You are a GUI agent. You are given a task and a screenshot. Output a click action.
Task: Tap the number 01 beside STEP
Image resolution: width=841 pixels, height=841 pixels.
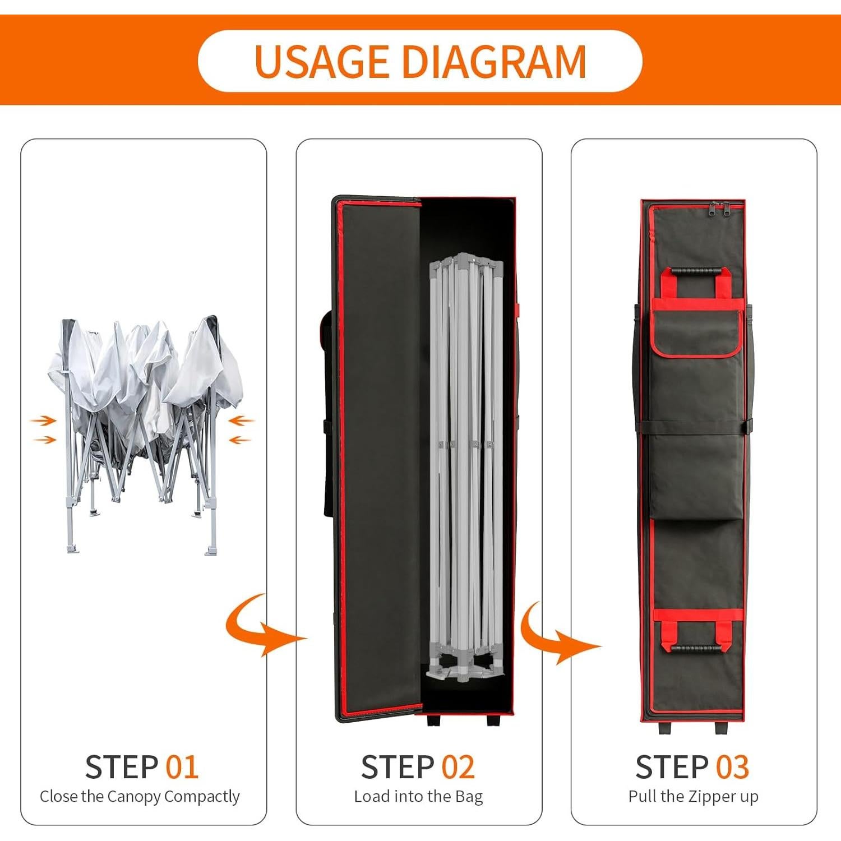pyautogui.click(x=182, y=767)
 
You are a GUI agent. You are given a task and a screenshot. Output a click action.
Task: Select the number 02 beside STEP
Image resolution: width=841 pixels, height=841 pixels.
pyautogui.click(x=458, y=767)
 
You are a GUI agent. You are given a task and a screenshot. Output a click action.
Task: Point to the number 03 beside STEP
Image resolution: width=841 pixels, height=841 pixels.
pyautogui.click(x=732, y=767)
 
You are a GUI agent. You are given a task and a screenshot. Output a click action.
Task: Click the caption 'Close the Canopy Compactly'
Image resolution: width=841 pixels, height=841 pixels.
pyautogui.click(x=140, y=797)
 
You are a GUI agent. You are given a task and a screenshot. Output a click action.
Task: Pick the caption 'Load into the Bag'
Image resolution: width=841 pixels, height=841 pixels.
pyautogui.click(x=418, y=797)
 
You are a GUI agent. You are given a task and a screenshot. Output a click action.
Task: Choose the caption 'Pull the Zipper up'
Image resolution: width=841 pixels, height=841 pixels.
pyautogui.click(x=694, y=797)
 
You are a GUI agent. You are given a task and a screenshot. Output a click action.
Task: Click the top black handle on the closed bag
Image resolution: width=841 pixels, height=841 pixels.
pyautogui.click(x=696, y=271)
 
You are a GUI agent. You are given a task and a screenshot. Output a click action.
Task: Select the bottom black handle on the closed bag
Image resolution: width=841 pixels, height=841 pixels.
pyautogui.click(x=696, y=648)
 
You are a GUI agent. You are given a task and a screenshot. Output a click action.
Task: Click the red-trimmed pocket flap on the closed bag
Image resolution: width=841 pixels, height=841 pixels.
pyautogui.click(x=696, y=334)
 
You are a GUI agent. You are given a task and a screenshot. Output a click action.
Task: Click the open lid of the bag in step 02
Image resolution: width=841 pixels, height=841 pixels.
pyautogui.click(x=378, y=459)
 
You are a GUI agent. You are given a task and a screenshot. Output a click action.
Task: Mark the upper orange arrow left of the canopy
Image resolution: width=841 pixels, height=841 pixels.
pyautogui.click(x=44, y=420)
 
